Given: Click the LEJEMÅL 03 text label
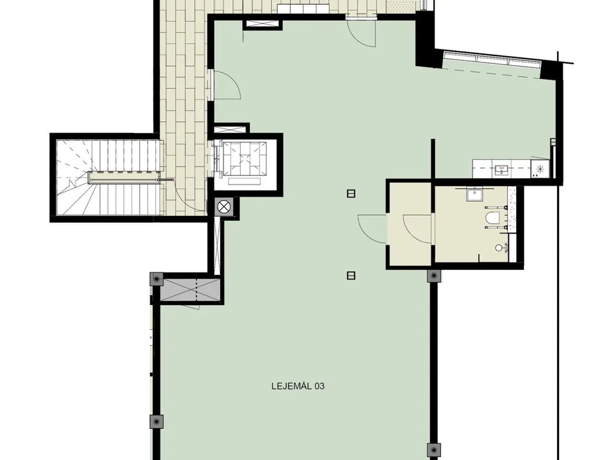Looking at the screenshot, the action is pyautogui.click(x=298, y=387).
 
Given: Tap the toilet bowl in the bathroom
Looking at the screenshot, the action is pyautogui.click(x=492, y=218).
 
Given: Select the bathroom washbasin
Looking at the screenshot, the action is pyautogui.click(x=474, y=195).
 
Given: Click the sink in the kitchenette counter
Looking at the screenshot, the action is pyautogui.click(x=501, y=169).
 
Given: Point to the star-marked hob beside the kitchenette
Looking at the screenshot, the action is pyautogui.click(x=540, y=169).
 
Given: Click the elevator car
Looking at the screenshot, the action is pyautogui.click(x=245, y=159).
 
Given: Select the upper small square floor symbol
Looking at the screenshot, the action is pyautogui.click(x=351, y=194).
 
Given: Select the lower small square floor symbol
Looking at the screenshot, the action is pyautogui.click(x=351, y=276).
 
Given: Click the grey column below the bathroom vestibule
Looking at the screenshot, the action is pyautogui.click(x=434, y=276).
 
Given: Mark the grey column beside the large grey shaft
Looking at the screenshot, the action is pyautogui.click(x=157, y=279).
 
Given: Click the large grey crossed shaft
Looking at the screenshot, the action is pyautogui.click(x=191, y=289).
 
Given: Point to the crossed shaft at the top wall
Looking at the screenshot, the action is pyautogui.click(x=262, y=24).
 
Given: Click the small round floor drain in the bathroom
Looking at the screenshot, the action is pyautogui.click(x=499, y=248).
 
